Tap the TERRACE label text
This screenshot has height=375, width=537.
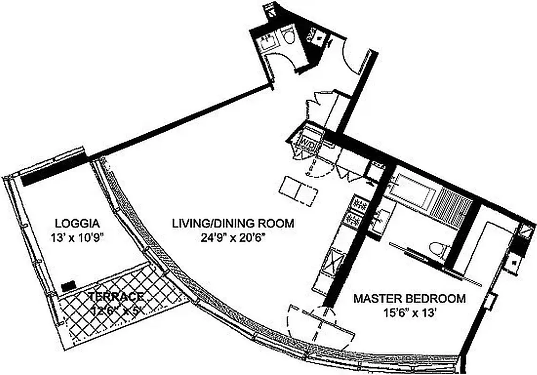point(115,297)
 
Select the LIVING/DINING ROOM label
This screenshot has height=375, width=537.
point(233,223)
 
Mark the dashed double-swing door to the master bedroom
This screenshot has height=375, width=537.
point(320,323)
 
